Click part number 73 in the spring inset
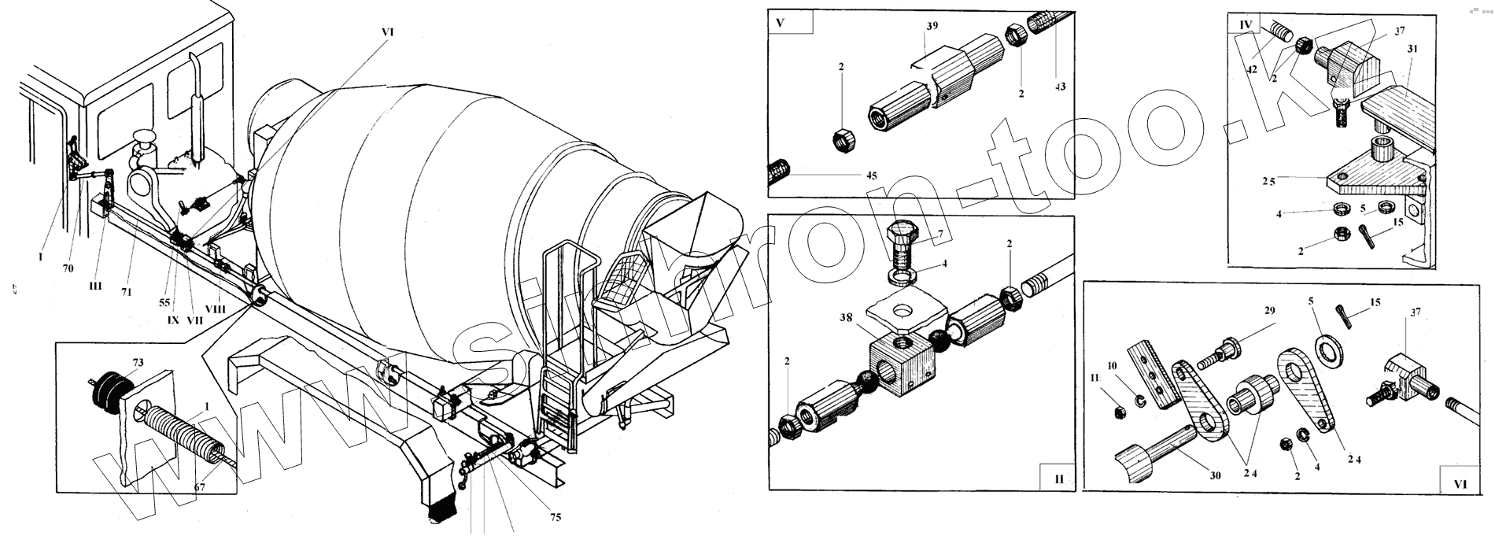pyautogui.click(x=138, y=362)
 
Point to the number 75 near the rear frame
pyautogui.click(x=556, y=517)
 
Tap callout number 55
pyautogui.click(x=164, y=301)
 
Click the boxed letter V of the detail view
pyautogui.click(x=780, y=22)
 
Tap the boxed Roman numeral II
pyautogui.click(x=1058, y=478)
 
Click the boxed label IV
pyautogui.click(x=1245, y=25)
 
